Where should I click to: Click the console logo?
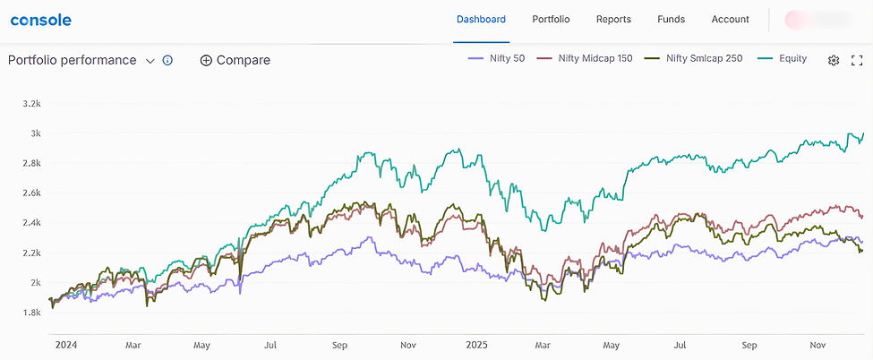pos(41,20)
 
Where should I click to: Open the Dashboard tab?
pos(481,20)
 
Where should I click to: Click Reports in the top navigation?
pos(613,20)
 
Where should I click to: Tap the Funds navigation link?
pos(671,20)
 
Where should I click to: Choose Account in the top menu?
pos(731,20)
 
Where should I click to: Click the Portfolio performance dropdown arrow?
pos(150,61)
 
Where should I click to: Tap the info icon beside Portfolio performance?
pos(167,61)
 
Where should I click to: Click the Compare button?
pos(235,61)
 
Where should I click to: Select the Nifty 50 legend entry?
pos(498,59)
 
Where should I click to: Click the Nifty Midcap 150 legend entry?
pos(585,59)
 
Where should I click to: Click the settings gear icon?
pos(834,61)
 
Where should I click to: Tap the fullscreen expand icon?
pos(857,61)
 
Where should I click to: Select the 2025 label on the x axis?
pos(475,344)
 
